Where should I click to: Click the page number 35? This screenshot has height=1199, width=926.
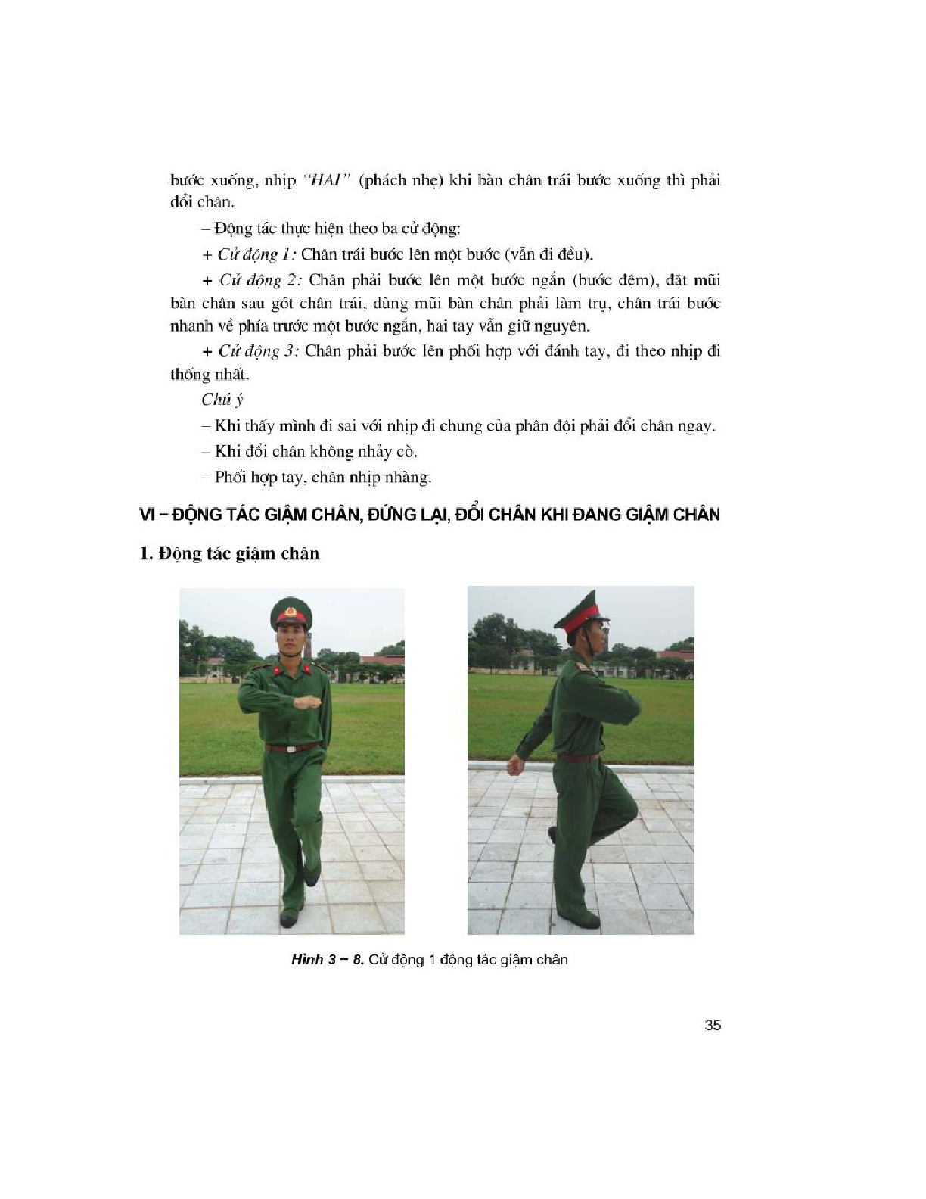pyautogui.click(x=712, y=1026)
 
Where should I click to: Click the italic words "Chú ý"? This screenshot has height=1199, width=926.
pyautogui.click(x=222, y=400)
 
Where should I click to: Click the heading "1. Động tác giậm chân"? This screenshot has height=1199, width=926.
pyautogui.click(x=230, y=553)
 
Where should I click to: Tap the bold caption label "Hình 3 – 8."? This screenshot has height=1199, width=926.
pyautogui.click(x=328, y=960)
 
